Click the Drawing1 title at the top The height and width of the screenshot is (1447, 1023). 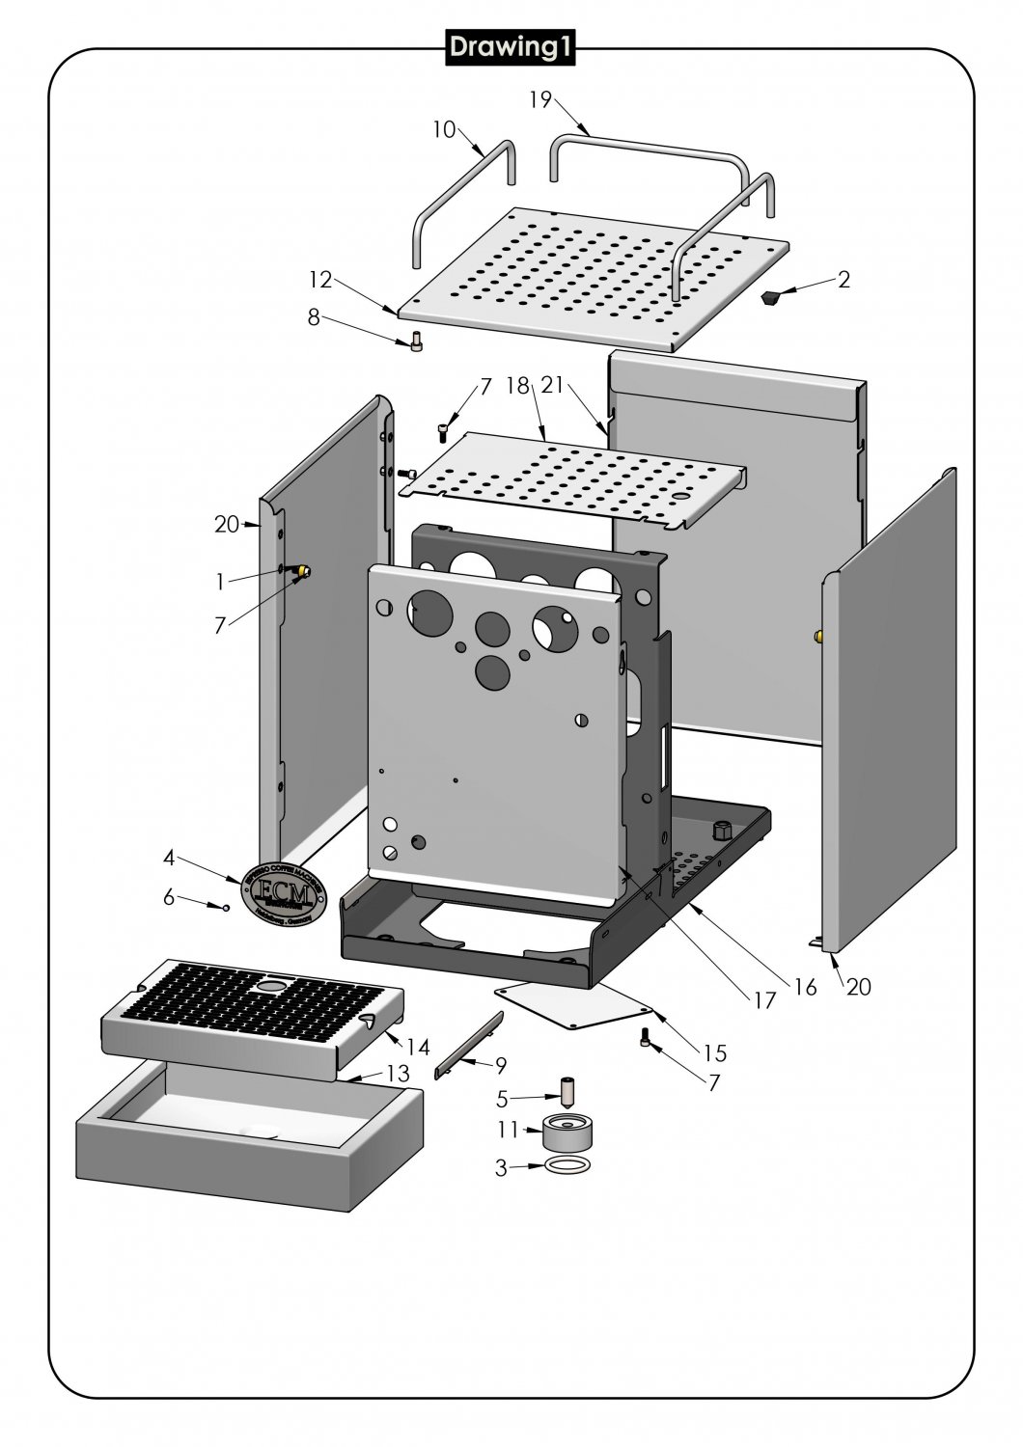pyautogui.click(x=510, y=48)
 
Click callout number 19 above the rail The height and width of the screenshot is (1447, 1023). pyautogui.click(x=540, y=99)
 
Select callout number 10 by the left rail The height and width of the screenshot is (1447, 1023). pyautogui.click(x=444, y=129)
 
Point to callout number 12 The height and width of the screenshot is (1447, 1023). pyautogui.click(x=320, y=280)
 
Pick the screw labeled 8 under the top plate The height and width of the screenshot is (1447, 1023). pyautogui.click(x=417, y=341)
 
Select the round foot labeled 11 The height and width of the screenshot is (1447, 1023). pyautogui.click(x=566, y=1132)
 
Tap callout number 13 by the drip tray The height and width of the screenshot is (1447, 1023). pyautogui.click(x=397, y=1074)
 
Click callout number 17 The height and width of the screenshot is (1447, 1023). pyautogui.click(x=764, y=1001)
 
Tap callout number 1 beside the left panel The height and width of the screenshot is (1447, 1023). pyautogui.click(x=221, y=581)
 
